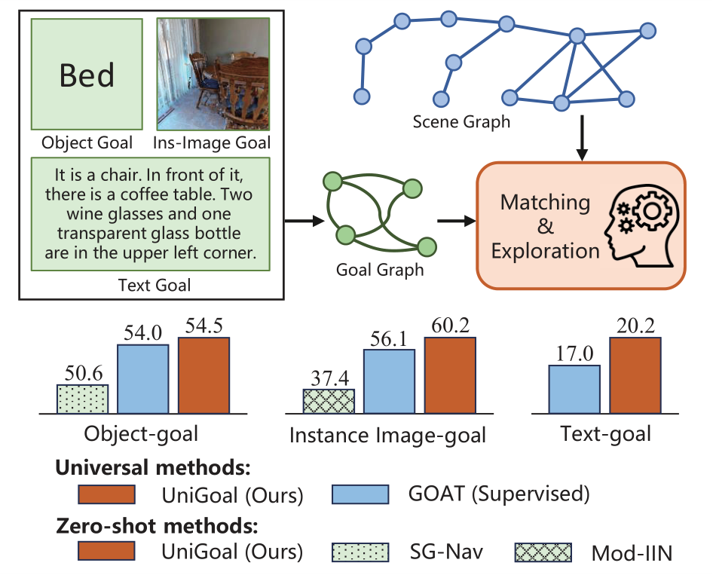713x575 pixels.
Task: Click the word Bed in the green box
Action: (x=87, y=75)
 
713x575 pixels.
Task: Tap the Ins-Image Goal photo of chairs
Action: (x=213, y=74)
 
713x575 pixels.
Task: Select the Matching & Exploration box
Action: (x=580, y=225)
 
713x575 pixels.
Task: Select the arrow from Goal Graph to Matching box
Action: (x=455, y=222)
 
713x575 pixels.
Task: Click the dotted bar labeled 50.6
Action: (x=83, y=399)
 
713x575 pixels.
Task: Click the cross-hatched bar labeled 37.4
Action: (x=329, y=402)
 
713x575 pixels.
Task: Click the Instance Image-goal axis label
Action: (x=388, y=436)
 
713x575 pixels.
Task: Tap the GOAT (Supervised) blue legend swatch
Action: (x=360, y=494)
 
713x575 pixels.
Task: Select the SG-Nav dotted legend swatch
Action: (x=360, y=551)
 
